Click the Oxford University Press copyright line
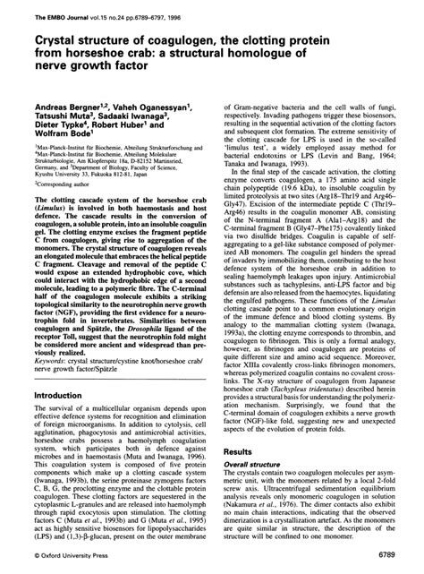(x=58, y=556)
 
